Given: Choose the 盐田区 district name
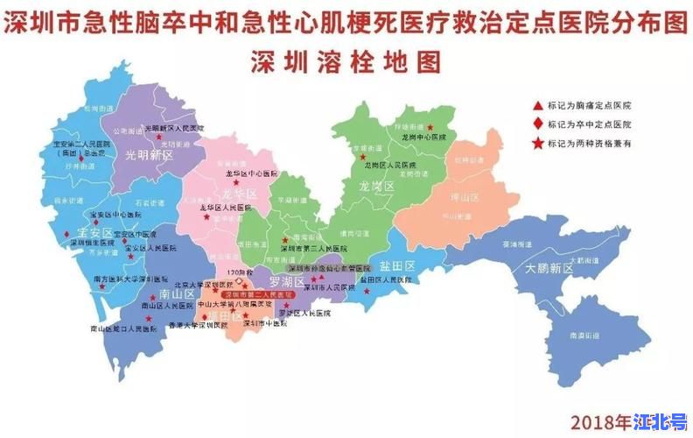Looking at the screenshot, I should click(x=395, y=265).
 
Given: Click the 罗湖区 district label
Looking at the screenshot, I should click(x=286, y=281).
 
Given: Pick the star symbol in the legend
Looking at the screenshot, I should click(x=535, y=142).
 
